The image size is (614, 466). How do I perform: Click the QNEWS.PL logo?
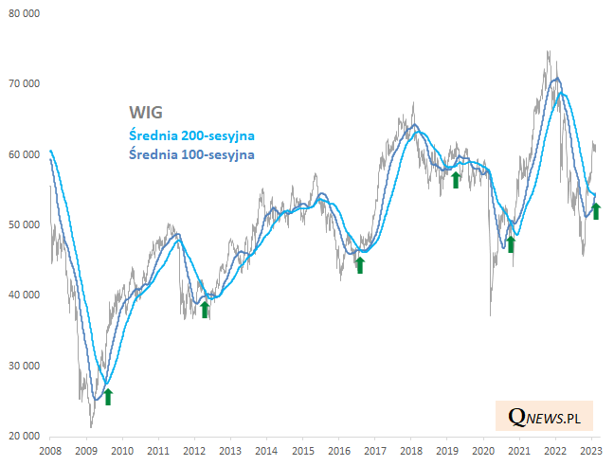(545, 416)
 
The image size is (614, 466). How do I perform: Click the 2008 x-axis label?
(50, 452)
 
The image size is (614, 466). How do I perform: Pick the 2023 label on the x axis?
(590, 452)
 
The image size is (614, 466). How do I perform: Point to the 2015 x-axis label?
(302, 452)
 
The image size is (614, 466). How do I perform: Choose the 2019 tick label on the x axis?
(446, 452)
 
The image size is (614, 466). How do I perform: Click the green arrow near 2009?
(107, 396)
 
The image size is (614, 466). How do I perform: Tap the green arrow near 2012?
(204, 309)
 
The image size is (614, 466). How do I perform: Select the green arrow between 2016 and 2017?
(359, 264)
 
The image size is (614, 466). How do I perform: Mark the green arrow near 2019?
(455, 179)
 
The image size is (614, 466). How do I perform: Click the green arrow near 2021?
(510, 243)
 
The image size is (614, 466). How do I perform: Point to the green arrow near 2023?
(596, 210)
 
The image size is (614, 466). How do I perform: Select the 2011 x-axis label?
(158, 452)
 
